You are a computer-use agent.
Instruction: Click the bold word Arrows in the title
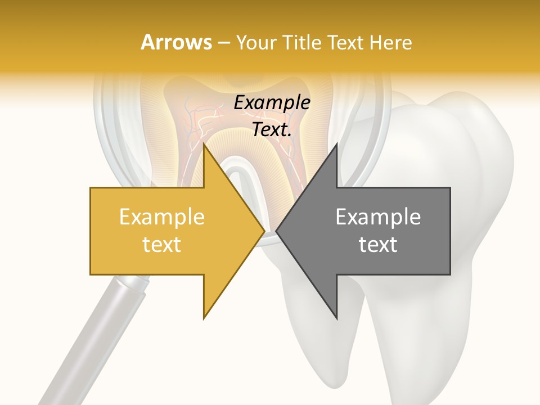176,42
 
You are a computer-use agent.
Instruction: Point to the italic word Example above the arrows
272,103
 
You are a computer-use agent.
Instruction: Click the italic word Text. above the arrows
272,129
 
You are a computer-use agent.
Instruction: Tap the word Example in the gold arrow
161,217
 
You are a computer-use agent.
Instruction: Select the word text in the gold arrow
161,245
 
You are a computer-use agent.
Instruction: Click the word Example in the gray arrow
378,217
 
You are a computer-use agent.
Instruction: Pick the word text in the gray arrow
378,245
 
